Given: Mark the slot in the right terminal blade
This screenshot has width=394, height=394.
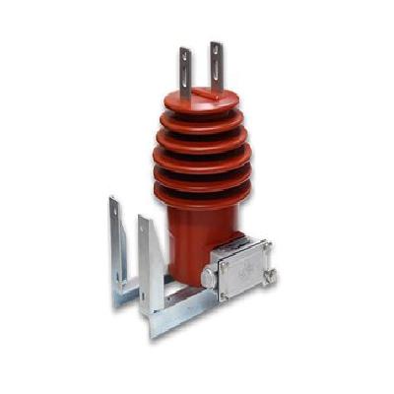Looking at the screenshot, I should [216, 56].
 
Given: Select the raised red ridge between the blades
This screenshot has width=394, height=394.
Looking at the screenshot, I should [205, 94].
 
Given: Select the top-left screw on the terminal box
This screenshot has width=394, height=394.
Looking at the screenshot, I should [225, 263].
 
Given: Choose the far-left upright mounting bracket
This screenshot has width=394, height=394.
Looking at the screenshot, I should [115, 246].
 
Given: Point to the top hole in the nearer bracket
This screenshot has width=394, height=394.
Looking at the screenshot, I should [144, 229].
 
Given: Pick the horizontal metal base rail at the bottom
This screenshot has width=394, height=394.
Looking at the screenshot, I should [177, 313].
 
